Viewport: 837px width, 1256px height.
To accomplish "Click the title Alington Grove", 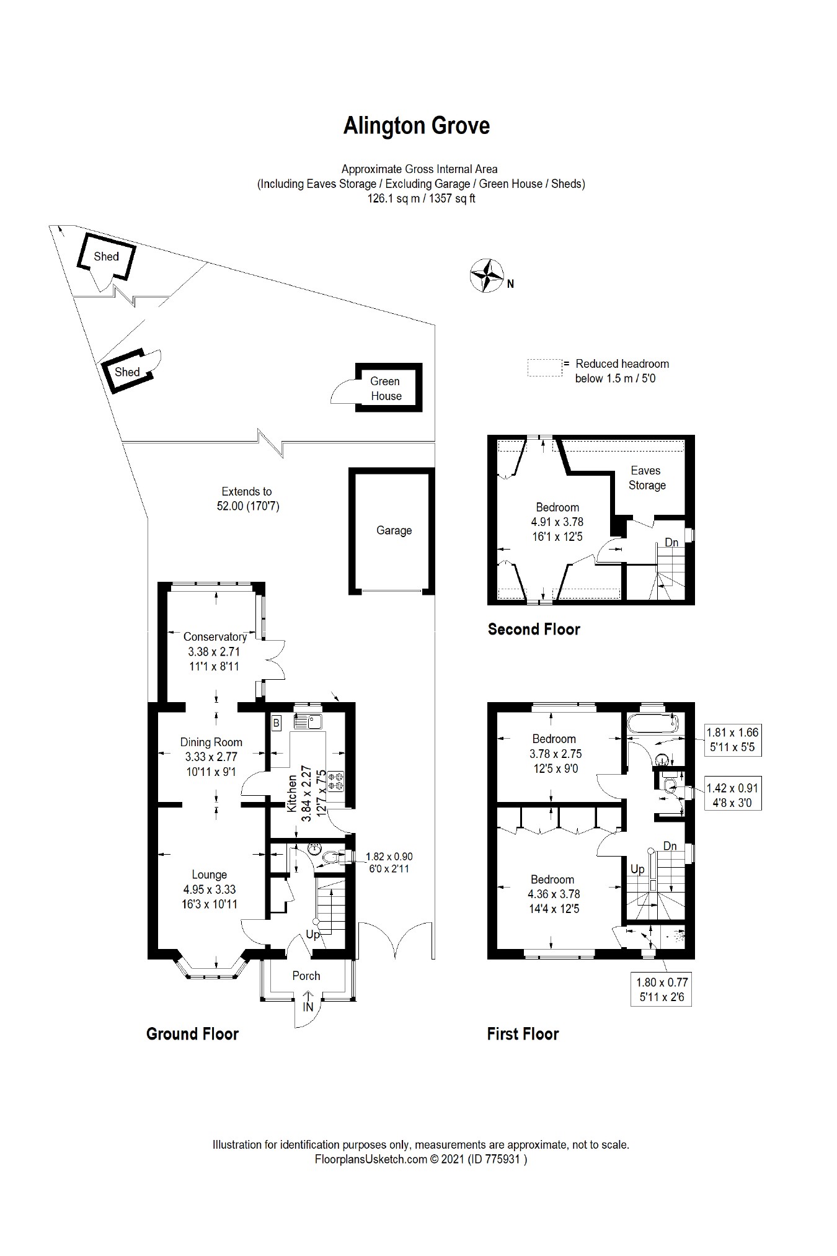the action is (x=417, y=126).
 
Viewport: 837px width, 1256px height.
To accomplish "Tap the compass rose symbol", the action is (x=487, y=275).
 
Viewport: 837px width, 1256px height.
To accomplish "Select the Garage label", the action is (x=394, y=530).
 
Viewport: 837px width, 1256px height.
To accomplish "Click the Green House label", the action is (x=386, y=389).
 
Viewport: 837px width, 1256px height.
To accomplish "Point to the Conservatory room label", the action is (x=215, y=636).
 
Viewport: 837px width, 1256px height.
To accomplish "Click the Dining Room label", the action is (x=211, y=742).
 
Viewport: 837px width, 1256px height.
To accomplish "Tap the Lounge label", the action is (x=210, y=875).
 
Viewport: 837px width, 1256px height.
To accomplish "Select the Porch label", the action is (x=306, y=976).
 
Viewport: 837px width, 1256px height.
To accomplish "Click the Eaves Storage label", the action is (x=647, y=478).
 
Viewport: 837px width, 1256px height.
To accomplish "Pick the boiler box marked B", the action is (x=277, y=723).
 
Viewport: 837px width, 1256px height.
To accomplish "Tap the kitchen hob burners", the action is (x=335, y=781).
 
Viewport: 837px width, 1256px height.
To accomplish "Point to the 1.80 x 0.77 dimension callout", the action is (x=662, y=990).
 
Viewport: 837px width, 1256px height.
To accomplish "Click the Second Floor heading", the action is (x=534, y=630).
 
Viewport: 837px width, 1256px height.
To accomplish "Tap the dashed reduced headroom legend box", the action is (x=545, y=367).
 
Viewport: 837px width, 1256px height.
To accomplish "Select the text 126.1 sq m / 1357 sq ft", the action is (x=421, y=199).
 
